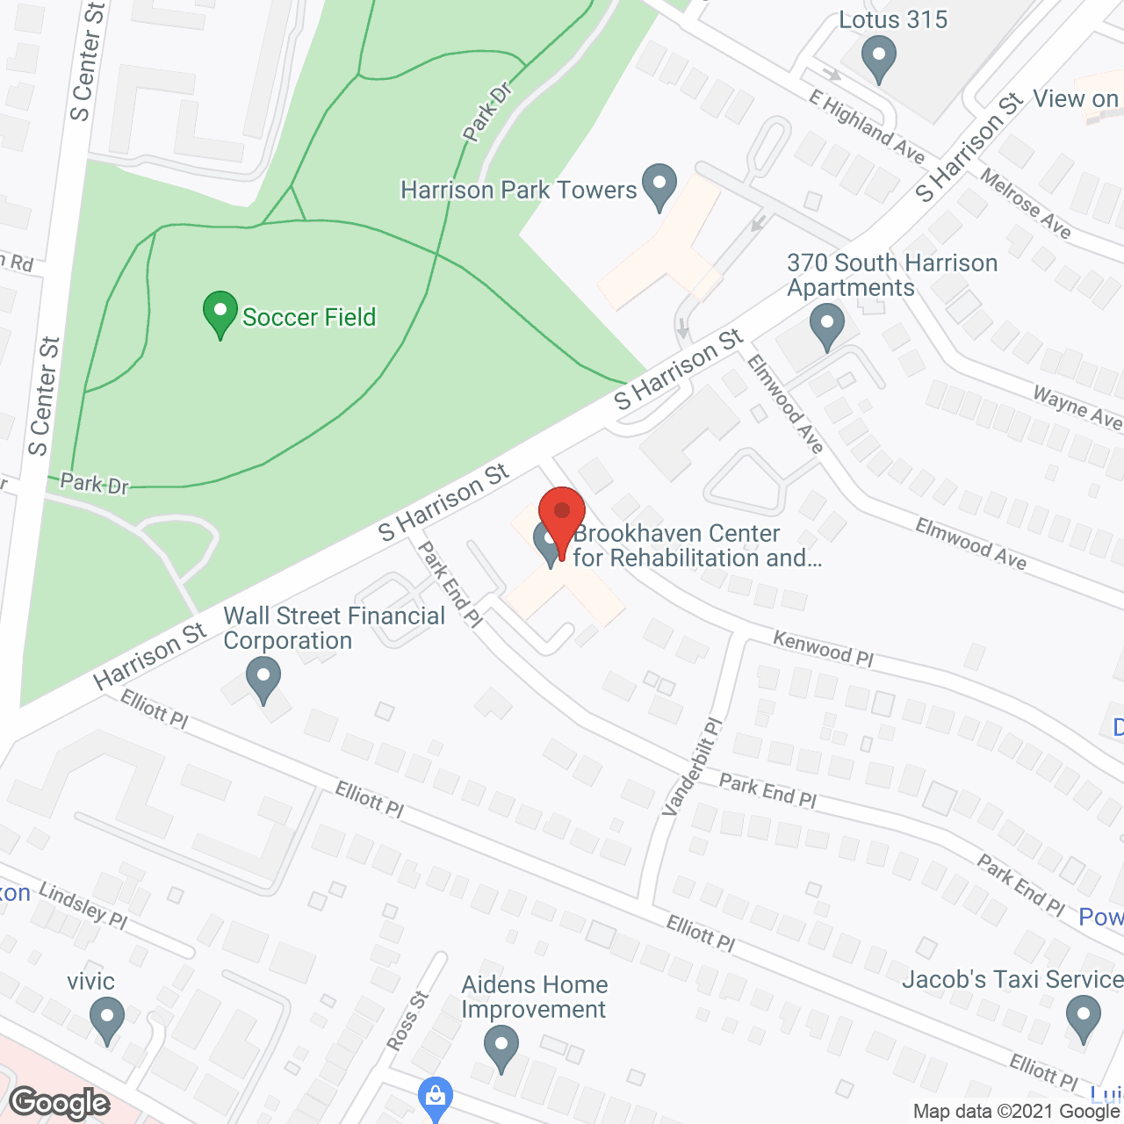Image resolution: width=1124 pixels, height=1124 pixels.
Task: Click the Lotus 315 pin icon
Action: tap(878, 61)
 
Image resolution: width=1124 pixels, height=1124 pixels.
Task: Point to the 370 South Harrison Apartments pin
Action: tap(825, 327)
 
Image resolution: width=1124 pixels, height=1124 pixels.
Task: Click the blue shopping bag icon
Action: tap(435, 1097)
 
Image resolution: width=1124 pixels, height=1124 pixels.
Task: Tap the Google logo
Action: tap(60, 1102)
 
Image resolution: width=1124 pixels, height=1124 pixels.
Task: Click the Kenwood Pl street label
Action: tap(823, 649)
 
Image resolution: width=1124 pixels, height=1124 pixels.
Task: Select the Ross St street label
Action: tap(407, 1020)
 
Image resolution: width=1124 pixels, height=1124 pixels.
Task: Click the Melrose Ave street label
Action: tap(1026, 204)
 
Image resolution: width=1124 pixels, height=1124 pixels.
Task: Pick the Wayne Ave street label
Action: tap(1077, 407)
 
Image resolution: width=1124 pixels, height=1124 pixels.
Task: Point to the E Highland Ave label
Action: tap(867, 127)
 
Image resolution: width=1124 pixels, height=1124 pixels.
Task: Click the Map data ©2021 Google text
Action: tap(1017, 1112)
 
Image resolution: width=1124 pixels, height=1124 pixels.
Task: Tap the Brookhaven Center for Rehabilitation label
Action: tap(697, 545)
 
